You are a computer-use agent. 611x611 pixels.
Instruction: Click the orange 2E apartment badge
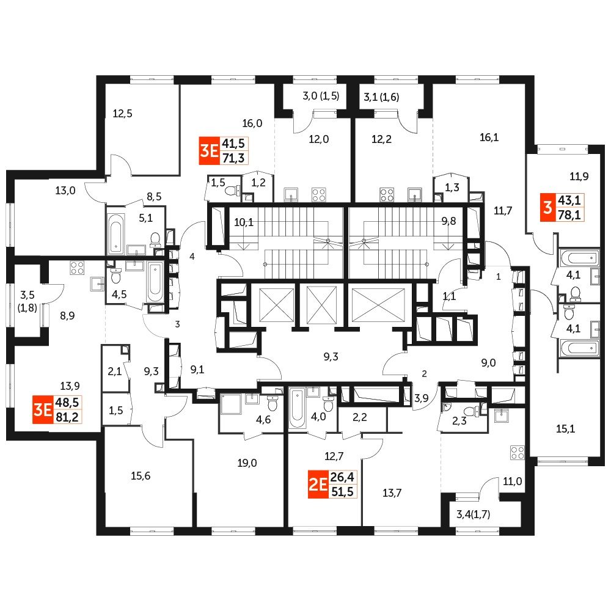[x=316, y=487]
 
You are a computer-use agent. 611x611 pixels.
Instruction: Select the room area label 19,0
[x=247, y=463]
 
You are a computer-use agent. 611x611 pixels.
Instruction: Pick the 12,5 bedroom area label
[x=122, y=112]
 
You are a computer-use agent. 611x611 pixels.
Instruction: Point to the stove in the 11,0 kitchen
[x=517, y=453]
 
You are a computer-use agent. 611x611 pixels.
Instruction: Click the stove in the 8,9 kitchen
[x=77, y=267]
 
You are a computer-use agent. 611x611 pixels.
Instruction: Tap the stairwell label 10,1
[x=243, y=222]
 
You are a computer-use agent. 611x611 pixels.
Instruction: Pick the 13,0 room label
[x=65, y=190]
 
